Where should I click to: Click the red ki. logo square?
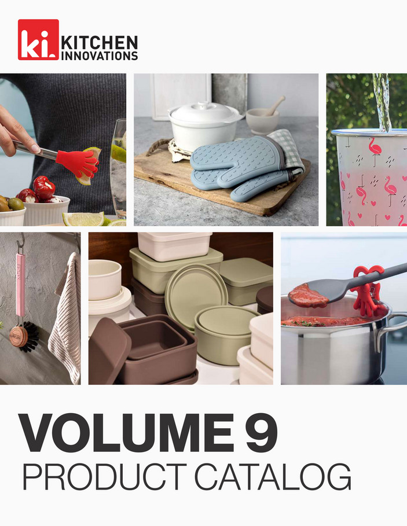coord(38,39)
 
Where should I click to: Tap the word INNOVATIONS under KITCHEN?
coord(100,56)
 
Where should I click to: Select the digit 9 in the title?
coord(261,433)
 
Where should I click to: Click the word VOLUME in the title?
coord(126,433)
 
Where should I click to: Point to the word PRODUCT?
coord(104,477)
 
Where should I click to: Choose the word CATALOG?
coord(273,477)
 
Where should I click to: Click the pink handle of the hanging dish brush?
coord(21,285)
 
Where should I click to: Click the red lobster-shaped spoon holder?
coord(367,289)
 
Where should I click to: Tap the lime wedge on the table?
coord(83,219)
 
